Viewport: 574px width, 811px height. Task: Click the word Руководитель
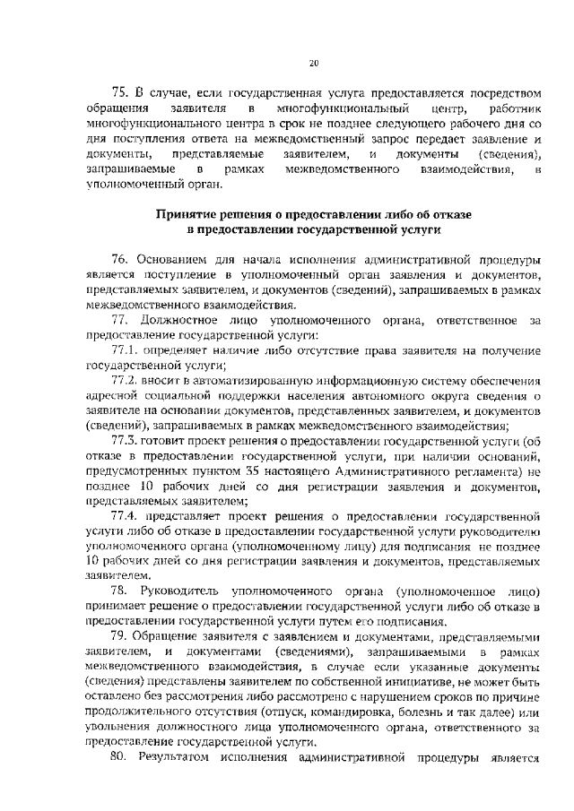click(178, 593)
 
